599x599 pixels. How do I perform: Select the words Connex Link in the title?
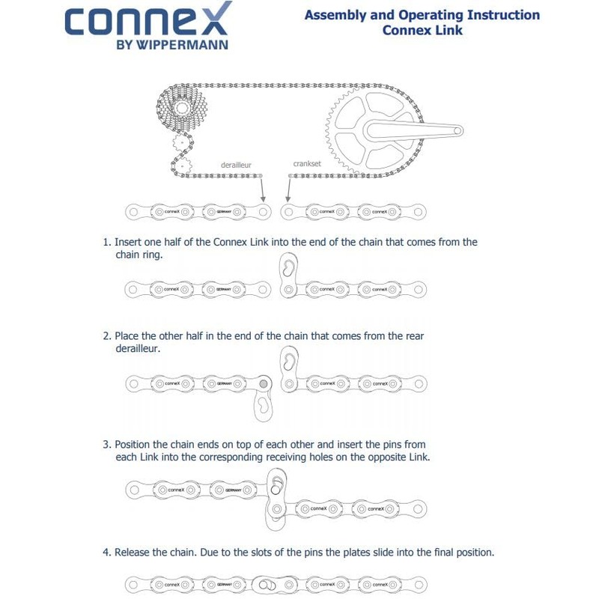coord(422,31)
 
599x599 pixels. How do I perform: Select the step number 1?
coord(106,243)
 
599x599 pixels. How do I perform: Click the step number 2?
coord(106,336)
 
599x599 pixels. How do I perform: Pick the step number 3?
coord(106,445)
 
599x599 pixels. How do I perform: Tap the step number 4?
coord(106,553)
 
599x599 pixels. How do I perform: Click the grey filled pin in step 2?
coord(263,384)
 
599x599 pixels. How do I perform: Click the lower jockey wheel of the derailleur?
coord(180,162)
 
